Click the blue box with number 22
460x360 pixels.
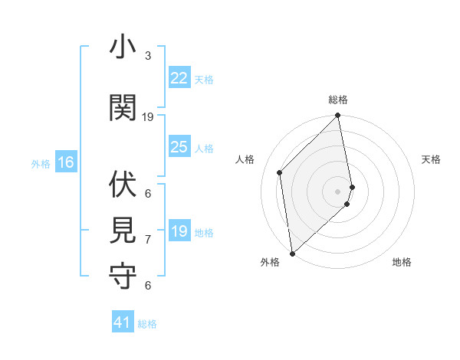coord(179,78)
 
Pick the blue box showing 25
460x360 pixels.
coord(179,147)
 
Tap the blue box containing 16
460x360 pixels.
coord(65,162)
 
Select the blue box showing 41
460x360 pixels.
coord(123,322)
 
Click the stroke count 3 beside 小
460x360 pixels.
coord(148,56)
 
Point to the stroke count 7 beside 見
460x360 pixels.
coord(148,240)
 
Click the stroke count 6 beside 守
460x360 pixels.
coord(148,286)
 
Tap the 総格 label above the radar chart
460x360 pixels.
coord(338,100)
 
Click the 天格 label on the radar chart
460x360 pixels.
coord(431,159)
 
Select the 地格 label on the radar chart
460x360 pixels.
coord(402,262)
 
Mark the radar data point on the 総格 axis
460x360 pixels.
coord(337,116)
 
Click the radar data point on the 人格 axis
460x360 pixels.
coord(280,172)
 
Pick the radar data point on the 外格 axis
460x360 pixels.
coord(292,254)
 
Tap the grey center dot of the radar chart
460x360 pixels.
coord(337,191)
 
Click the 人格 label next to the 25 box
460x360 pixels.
coord(204,149)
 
